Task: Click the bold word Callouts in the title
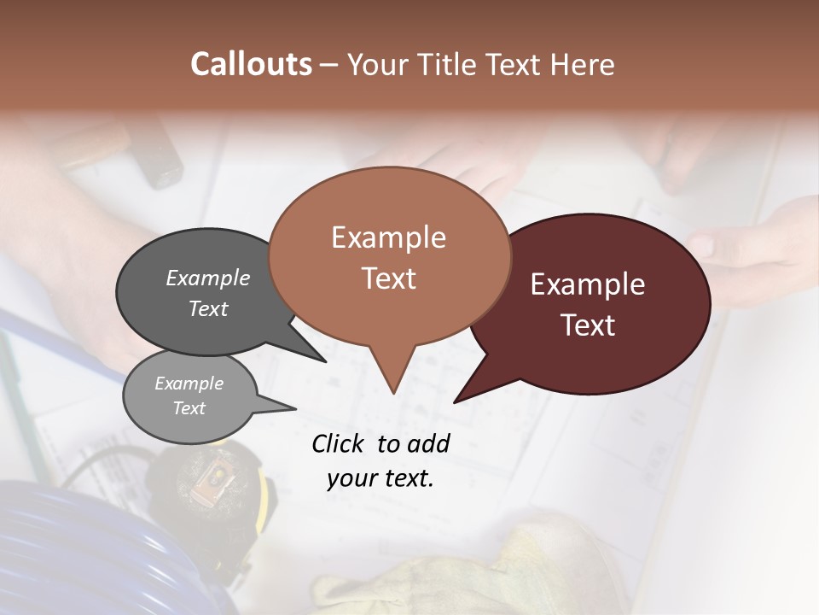251,64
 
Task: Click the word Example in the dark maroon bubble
588,284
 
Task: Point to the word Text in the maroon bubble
588,325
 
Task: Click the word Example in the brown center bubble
388,237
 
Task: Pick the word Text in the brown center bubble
388,278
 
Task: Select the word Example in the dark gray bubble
207,278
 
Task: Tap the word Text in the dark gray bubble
207,308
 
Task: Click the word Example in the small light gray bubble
189,384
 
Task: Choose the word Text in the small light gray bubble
189,408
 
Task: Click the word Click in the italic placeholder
340,443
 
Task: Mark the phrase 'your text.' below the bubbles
380,478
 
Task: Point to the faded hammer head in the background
154,154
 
